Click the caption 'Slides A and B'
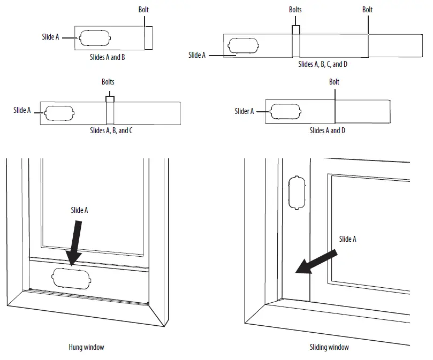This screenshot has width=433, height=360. click(107, 56)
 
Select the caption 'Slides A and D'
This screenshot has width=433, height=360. click(328, 130)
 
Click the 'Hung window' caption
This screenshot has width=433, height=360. click(86, 347)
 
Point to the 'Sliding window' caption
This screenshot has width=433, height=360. click(330, 347)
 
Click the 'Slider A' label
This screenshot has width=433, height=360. click(244, 111)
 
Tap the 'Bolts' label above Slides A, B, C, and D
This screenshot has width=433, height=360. click(295, 10)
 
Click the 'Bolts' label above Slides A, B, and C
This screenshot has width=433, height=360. click(108, 82)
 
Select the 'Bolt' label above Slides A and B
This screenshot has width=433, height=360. click(144, 10)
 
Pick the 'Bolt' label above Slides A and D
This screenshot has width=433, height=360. click(334, 82)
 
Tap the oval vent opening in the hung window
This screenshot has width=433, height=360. click(71, 279)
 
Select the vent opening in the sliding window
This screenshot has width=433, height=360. click(297, 193)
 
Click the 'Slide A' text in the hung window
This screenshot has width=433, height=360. click(79, 210)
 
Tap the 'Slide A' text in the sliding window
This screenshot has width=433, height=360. click(347, 239)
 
